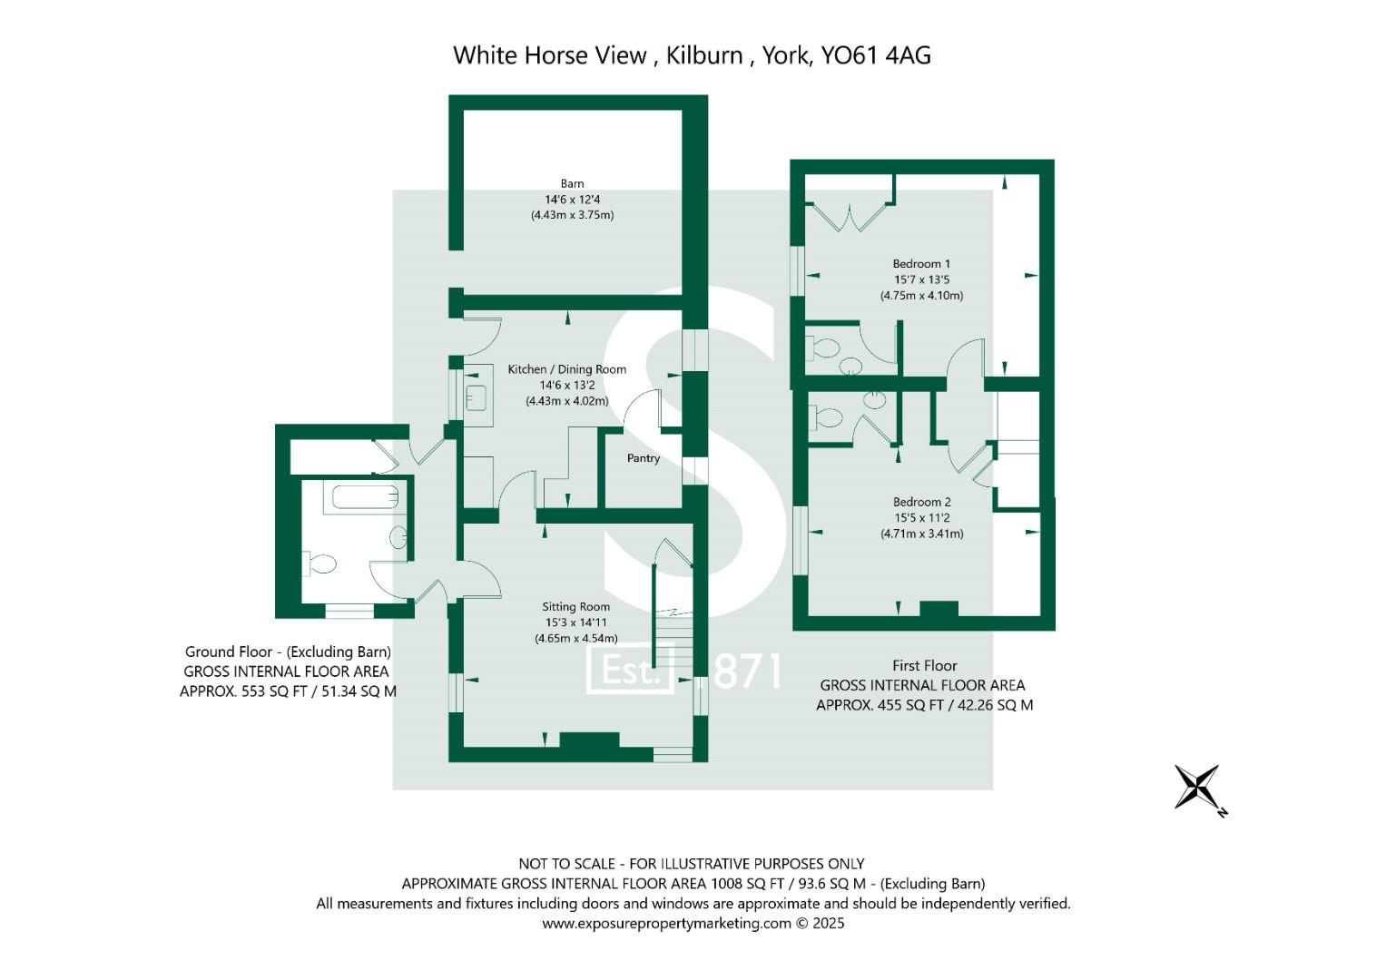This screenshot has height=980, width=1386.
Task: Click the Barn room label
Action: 572,183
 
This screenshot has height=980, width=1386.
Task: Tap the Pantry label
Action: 644,458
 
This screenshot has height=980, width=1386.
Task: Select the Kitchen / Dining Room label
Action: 566,369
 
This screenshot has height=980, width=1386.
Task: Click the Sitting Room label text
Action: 575,607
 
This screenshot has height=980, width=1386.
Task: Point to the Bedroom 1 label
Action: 921,264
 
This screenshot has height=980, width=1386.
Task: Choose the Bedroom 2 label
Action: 921,502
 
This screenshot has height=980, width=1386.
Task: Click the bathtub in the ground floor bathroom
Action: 365,496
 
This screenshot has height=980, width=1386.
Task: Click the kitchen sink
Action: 477,397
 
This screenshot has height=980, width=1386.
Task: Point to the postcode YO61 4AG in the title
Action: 876,55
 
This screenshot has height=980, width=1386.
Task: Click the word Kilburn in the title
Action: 704,55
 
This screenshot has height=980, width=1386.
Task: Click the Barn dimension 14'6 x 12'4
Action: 572,200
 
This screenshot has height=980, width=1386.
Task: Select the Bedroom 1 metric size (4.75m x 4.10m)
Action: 921,296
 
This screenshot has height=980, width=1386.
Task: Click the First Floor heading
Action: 924,665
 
